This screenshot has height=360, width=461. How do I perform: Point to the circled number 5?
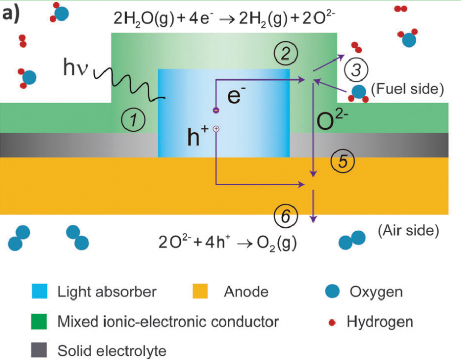pyautogui.click(x=342, y=162)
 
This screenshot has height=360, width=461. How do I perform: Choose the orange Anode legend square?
pyautogui.click(x=202, y=292)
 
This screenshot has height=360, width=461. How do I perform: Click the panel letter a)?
pyautogui.click(x=11, y=13)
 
